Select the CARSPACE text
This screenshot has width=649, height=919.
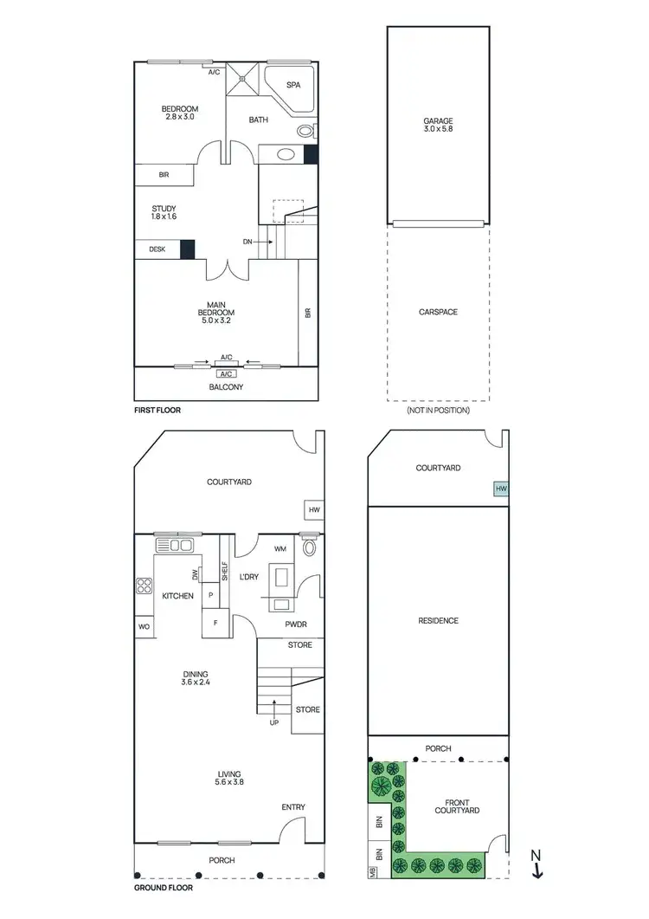[x=438, y=312]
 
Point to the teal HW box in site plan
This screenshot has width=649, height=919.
[x=500, y=489]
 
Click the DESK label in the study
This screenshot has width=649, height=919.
[x=157, y=249]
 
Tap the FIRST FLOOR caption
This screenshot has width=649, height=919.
[x=157, y=410]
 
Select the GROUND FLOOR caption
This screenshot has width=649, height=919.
[x=164, y=888]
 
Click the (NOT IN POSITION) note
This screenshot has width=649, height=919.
[x=438, y=410]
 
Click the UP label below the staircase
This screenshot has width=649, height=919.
[x=274, y=722]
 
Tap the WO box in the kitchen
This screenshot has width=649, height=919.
[x=144, y=626]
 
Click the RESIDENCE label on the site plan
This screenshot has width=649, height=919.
[x=438, y=621]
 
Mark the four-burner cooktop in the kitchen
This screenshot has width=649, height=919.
[x=144, y=586]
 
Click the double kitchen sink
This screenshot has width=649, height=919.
[x=175, y=545]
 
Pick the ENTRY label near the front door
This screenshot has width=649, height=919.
[x=293, y=807]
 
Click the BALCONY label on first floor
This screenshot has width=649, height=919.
[x=227, y=387]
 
